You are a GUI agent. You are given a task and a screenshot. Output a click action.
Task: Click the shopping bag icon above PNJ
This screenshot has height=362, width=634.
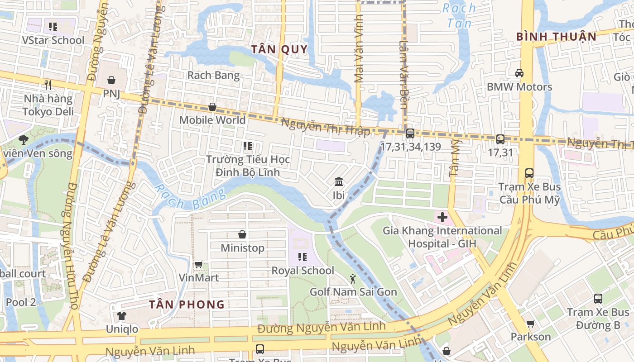click(x=111, y=80)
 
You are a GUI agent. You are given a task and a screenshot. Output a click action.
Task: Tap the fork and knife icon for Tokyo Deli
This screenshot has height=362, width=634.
click(x=48, y=85)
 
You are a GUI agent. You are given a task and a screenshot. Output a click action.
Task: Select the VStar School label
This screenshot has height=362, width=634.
click(x=53, y=40)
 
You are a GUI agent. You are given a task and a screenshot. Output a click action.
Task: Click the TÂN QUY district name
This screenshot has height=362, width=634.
click(x=279, y=49)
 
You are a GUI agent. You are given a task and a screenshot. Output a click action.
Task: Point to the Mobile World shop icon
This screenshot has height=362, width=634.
click(x=212, y=107)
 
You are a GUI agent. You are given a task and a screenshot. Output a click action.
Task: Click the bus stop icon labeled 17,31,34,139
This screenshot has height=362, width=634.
click(x=410, y=133)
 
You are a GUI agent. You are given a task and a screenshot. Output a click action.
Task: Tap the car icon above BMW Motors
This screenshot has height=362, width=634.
click(x=519, y=73)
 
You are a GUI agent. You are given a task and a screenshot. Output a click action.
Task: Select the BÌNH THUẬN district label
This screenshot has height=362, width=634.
click(x=557, y=37)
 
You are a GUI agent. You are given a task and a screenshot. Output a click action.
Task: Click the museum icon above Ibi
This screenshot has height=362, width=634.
click(x=338, y=182)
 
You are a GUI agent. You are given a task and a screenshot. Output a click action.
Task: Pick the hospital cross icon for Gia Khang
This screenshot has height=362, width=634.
click(x=442, y=217)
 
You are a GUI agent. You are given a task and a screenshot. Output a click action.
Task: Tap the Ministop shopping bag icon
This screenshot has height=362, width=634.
click(x=242, y=234)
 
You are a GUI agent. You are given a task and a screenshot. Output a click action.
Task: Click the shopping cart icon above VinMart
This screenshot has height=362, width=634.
click(x=198, y=264)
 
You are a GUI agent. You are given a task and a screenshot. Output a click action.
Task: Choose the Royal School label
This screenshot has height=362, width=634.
click(x=303, y=271)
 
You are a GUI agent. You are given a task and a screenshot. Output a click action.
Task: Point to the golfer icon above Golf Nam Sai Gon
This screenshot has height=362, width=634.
click(x=353, y=279)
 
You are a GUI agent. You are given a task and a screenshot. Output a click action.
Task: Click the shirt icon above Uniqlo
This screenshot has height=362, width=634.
click(x=121, y=315)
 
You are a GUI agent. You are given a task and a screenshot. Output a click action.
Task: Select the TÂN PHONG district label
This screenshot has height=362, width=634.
click(x=187, y=304)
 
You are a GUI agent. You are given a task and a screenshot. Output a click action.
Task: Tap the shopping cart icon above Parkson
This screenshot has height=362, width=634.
click(x=530, y=324)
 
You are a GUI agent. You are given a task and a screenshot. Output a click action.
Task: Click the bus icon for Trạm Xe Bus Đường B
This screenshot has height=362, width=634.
click(x=598, y=299)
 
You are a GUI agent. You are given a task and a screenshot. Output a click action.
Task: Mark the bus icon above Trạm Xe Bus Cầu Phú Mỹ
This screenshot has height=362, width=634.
click(x=529, y=173)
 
